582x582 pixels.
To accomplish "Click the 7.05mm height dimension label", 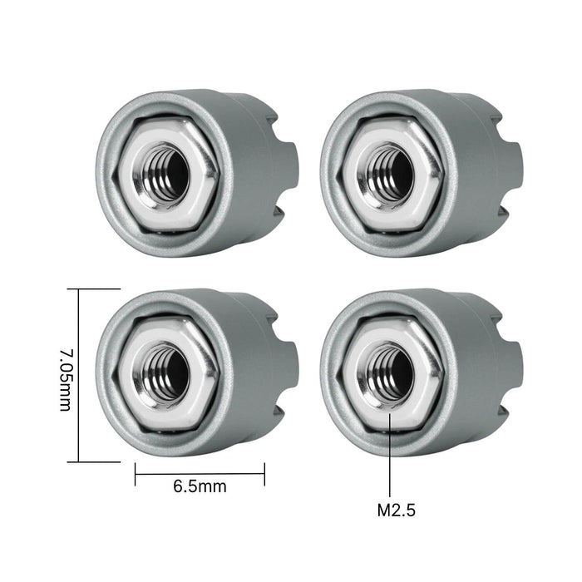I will [64, 374].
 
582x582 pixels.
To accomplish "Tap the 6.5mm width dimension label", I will [199, 486].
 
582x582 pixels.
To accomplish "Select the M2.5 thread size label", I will [391, 508].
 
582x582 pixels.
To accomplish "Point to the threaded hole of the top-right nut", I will [392, 171].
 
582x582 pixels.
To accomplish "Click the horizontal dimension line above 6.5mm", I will [200, 475].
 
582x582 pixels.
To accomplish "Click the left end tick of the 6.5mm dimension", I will [135, 475].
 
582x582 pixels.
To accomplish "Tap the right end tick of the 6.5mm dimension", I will [264, 475].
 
